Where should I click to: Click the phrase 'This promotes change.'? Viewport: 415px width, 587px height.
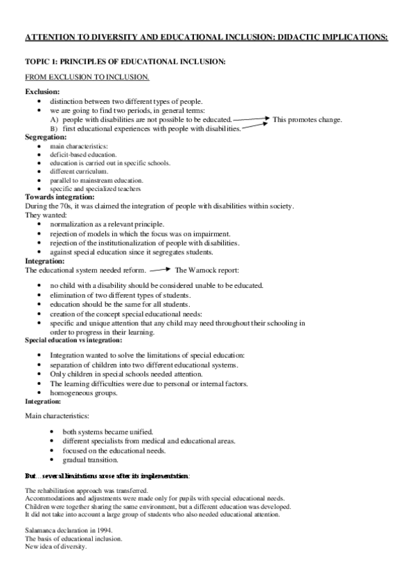(x=307, y=120)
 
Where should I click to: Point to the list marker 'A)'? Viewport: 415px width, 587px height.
(x=54, y=120)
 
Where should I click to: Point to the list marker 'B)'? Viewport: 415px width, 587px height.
(x=54, y=129)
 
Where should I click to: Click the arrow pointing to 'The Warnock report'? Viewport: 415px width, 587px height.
(x=159, y=270)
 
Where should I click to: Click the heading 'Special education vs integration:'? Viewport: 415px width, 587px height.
(x=73, y=340)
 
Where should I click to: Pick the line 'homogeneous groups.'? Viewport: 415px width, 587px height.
(x=83, y=392)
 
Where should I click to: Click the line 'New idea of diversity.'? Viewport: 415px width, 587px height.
(x=56, y=547)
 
